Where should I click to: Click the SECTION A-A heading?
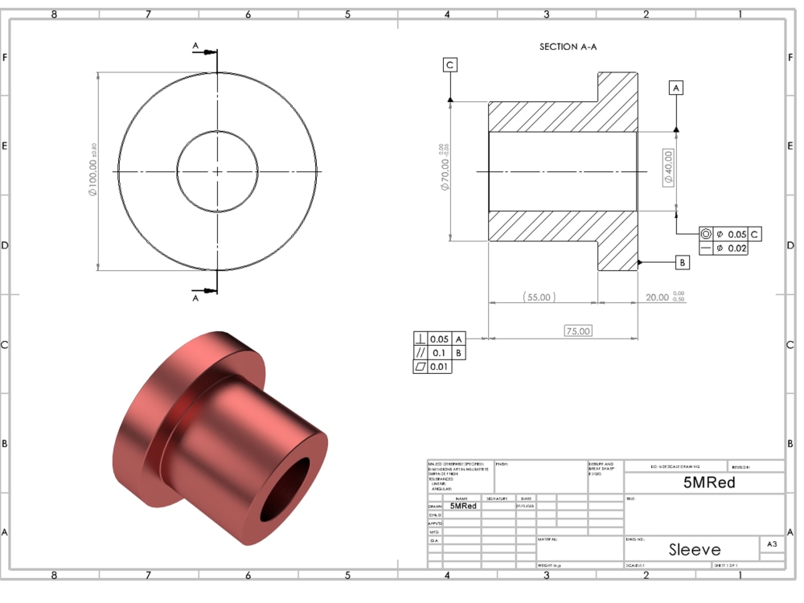coord(568,47)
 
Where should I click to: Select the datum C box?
coord(449,65)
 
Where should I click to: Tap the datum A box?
coord(676,88)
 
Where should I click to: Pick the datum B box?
coord(682,262)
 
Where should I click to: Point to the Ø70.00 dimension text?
coord(445,171)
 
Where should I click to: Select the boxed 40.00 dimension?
coord(668,167)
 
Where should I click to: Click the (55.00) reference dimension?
coord(539,297)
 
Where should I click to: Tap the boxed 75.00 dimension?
coord(577,330)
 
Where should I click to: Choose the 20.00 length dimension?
coord(658,297)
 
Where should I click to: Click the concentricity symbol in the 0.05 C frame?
coord(706,234)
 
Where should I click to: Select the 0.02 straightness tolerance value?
coord(736,248)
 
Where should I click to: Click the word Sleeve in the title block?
coord(695,549)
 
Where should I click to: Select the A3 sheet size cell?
coord(772,544)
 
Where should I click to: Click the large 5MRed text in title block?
coord(709,483)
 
